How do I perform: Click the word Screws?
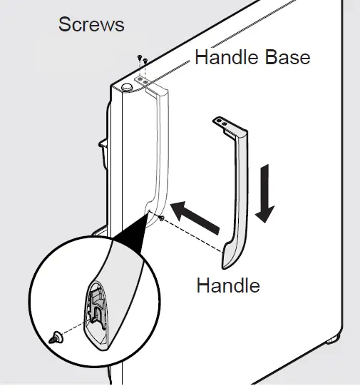pos(91,24)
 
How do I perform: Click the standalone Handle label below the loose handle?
pos(228,285)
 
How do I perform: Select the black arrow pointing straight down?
pos(264,193)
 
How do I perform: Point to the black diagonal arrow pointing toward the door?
pos(195,218)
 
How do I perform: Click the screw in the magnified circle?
pos(56,337)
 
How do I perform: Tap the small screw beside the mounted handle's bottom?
pos(162,218)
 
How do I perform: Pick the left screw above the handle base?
pos(140,58)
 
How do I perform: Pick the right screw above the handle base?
pos(145,61)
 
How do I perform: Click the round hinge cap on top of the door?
pos(127,88)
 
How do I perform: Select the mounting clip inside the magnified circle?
pos(97,309)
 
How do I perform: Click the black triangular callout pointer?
pos(132,235)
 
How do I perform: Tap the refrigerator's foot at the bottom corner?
pos(333,340)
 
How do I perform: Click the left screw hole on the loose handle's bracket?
pos(220,121)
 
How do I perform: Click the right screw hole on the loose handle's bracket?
pos(225,123)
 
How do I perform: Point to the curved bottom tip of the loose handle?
pos(225,263)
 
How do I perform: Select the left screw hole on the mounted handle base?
pos(140,79)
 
